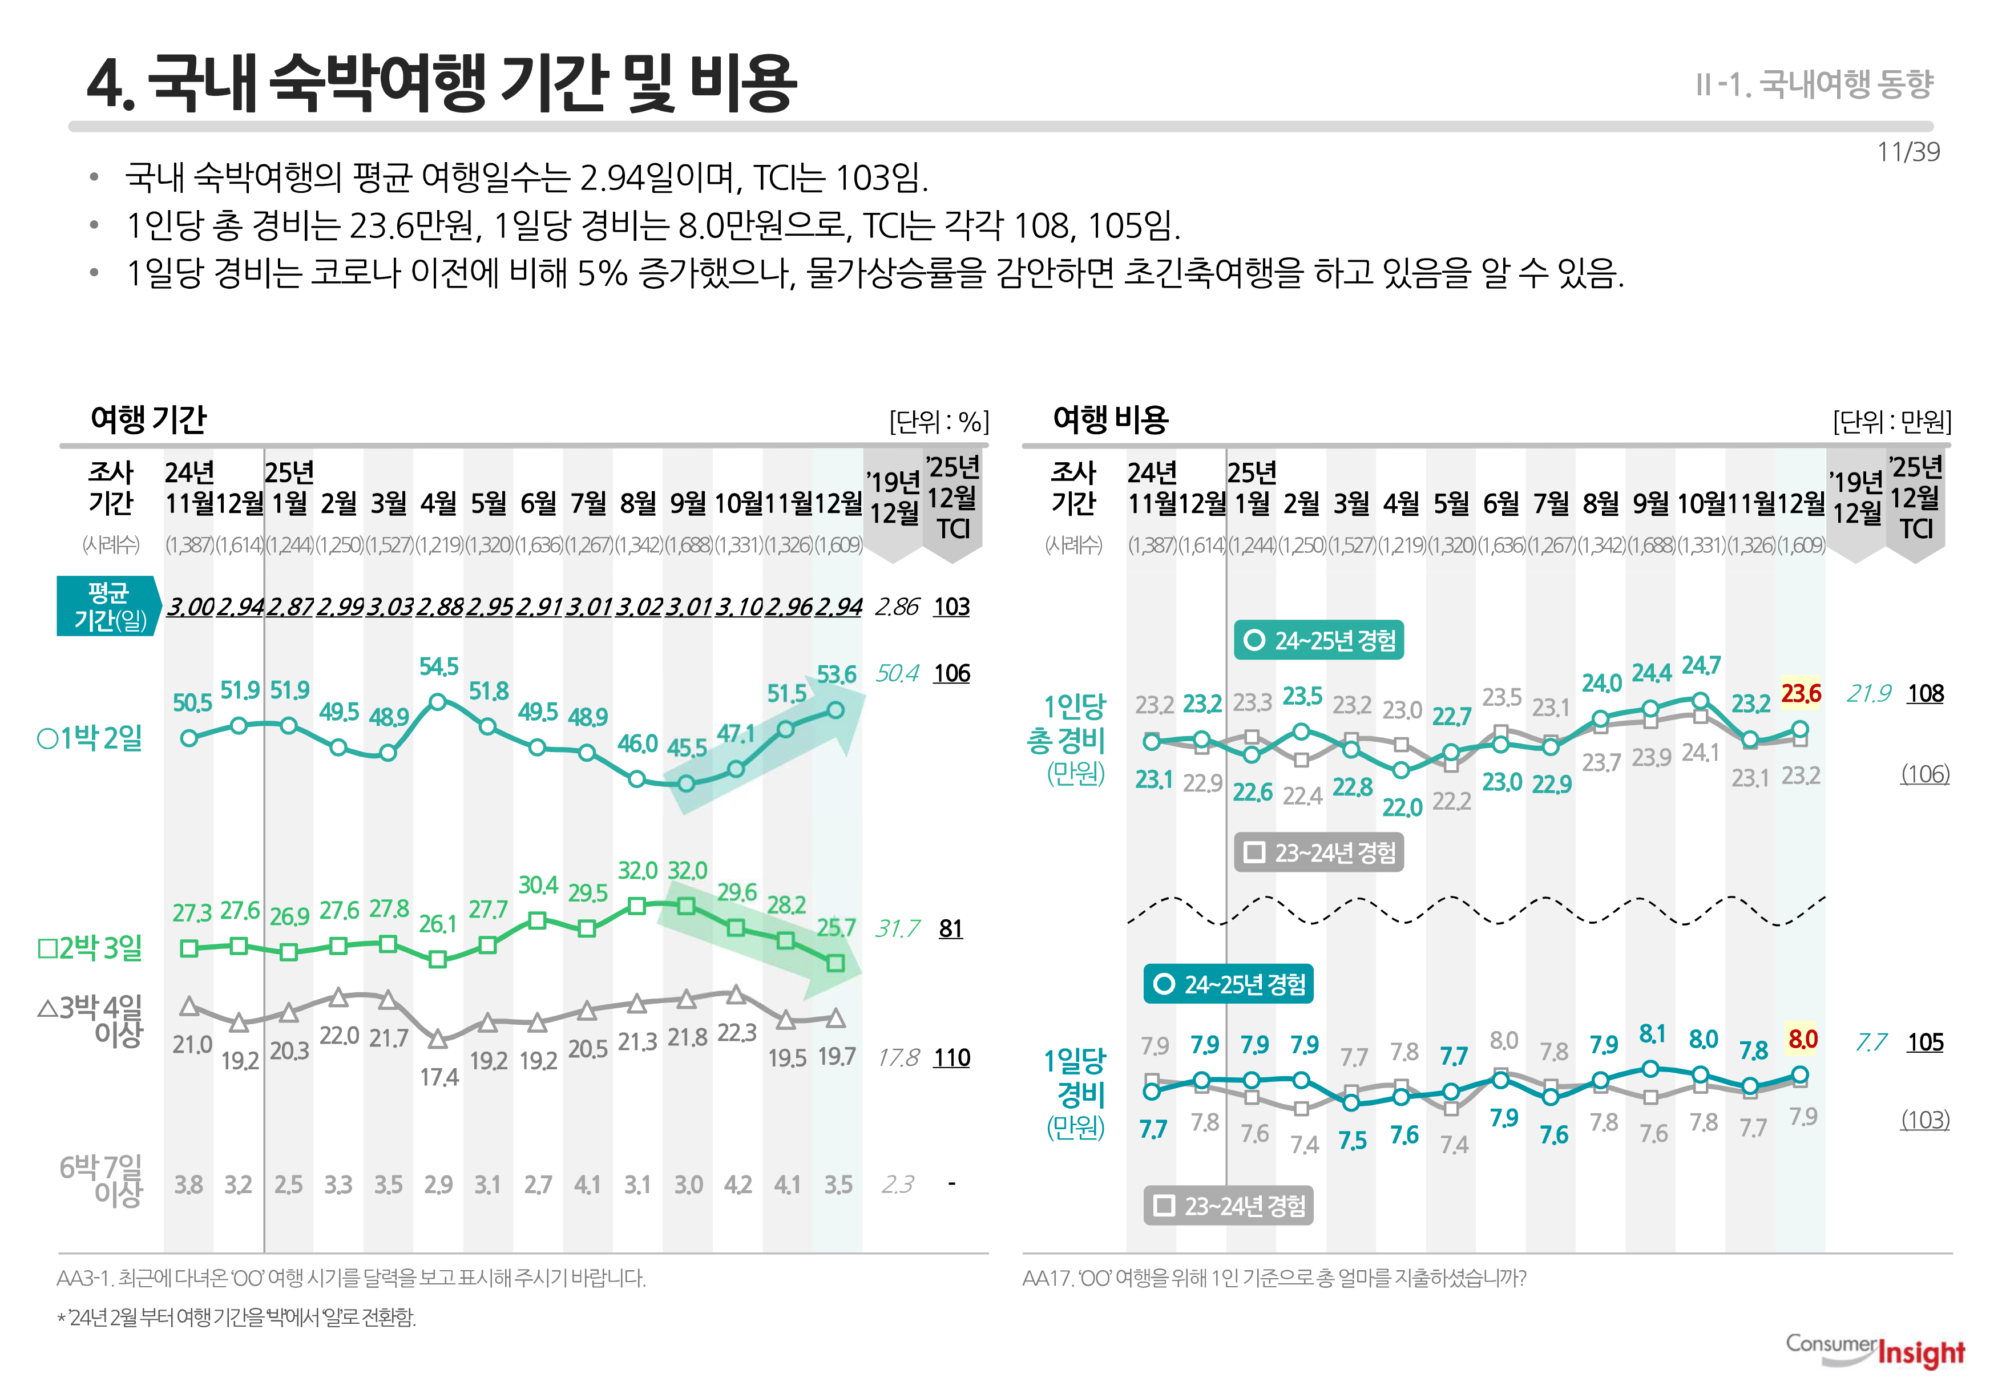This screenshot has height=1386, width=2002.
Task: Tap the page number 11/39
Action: coord(1907,152)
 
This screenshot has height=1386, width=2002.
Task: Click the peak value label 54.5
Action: coord(439,667)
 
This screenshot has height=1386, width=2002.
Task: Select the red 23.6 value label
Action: coord(1801,694)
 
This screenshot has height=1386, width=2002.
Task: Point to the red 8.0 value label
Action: coord(1802,1040)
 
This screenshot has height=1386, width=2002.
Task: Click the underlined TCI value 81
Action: coord(950,929)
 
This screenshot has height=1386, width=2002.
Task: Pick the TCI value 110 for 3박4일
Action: coord(951,1058)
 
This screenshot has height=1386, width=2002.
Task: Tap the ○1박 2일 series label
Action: coord(90,739)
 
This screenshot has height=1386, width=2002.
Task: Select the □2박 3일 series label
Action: coord(90,947)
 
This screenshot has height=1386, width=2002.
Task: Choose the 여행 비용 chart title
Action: coord(1110,419)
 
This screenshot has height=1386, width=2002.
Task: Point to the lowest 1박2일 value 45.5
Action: coord(686,749)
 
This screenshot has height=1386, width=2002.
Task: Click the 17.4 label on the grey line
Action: coord(439,1078)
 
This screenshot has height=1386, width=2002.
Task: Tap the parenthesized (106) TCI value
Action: coord(1925,774)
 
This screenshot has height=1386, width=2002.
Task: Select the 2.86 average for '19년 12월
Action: coord(897,607)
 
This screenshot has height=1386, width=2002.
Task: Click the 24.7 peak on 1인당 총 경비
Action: coord(1701,666)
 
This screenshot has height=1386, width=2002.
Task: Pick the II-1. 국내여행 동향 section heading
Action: coord(1814,84)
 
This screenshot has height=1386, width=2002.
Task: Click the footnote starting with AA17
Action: coord(1273,1278)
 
